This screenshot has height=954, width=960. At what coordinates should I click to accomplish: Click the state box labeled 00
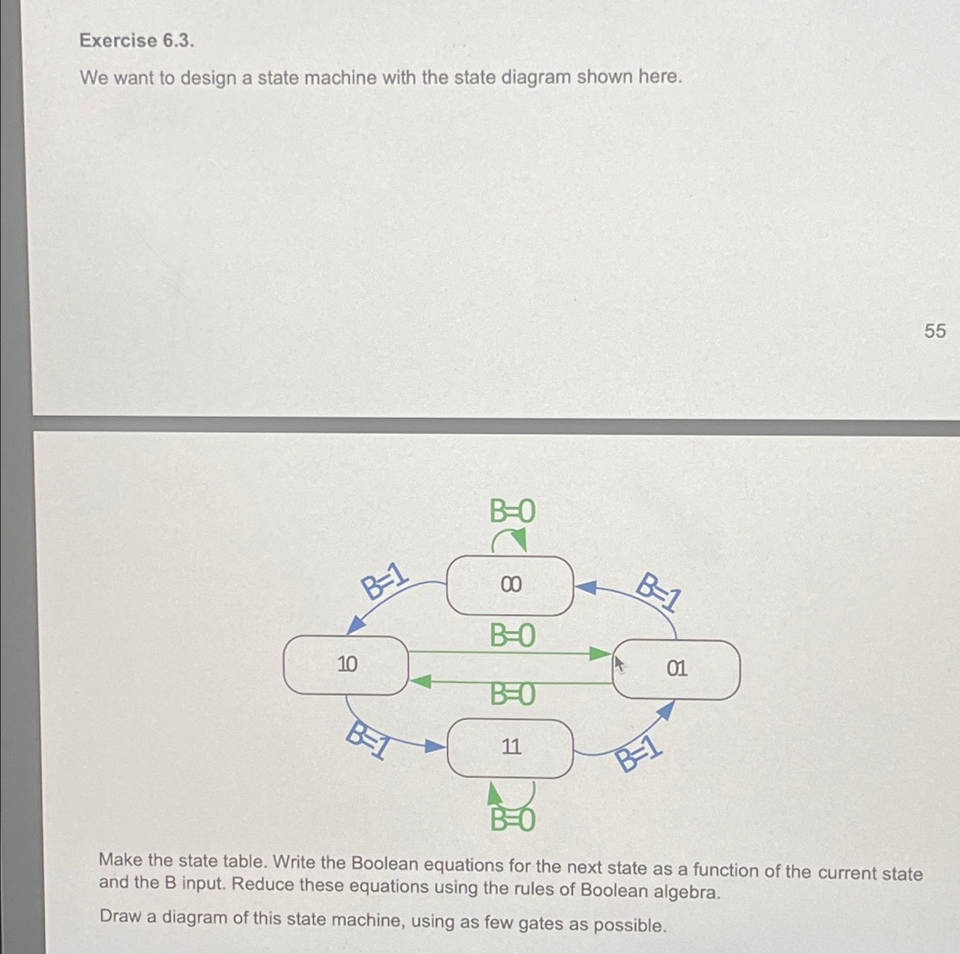tap(510, 585)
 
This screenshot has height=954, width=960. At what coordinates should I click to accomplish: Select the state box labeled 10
tap(346, 665)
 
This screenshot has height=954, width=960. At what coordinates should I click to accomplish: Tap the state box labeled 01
tap(676, 670)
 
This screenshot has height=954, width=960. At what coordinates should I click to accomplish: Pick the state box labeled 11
tap(510, 748)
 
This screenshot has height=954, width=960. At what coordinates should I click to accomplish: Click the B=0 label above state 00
tap(512, 511)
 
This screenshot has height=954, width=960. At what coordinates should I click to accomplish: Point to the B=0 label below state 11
tap(512, 820)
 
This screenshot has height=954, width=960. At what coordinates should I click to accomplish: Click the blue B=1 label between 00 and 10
tap(385, 581)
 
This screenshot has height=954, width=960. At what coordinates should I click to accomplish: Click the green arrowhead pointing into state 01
tap(600, 654)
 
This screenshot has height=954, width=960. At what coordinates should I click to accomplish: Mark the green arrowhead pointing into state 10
tap(420, 682)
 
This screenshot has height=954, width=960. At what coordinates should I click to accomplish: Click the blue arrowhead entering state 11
tap(435, 747)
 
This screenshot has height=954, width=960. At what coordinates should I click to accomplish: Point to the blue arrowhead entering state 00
tap(587, 587)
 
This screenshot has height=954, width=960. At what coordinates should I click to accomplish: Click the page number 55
tap(935, 331)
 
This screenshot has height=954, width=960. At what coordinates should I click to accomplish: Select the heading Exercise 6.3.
tap(137, 41)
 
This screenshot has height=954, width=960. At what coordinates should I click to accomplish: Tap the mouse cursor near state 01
tap(619, 664)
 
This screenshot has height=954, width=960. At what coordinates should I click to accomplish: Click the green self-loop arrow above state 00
tap(510, 539)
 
